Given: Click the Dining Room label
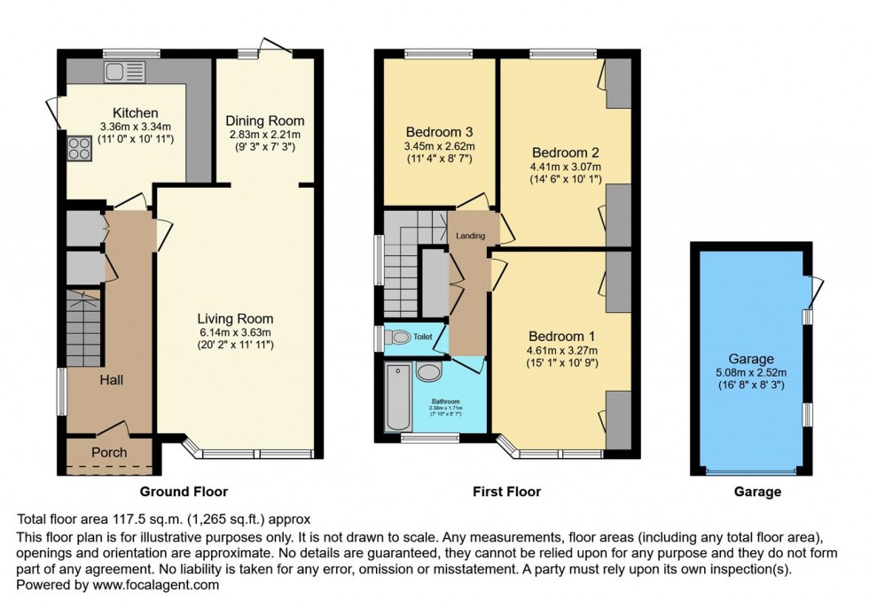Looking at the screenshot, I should click(x=264, y=121).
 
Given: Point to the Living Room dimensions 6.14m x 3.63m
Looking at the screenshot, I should click(x=235, y=332).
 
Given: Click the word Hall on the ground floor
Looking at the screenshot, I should click(x=111, y=379).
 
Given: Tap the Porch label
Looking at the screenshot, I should click(x=110, y=452).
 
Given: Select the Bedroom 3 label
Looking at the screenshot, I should click(x=439, y=133).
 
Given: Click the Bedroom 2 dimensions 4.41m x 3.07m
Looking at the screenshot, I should click(x=565, y=166).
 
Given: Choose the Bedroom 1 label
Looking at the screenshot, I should click(x=561, y=337).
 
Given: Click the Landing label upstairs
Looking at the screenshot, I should click(x=469, y=235).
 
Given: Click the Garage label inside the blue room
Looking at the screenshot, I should click(x=749, y=359).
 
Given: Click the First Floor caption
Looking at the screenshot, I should click(x=505, y=492).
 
